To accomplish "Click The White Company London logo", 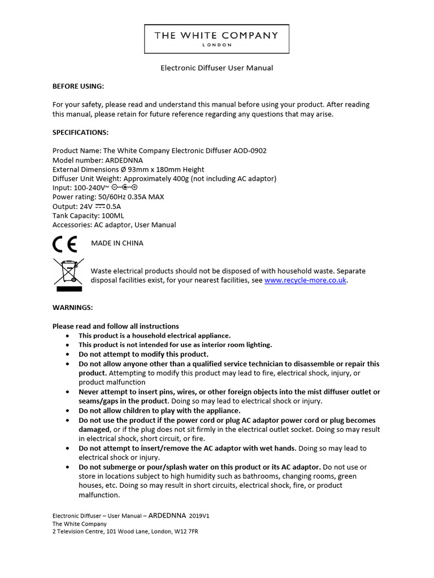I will point(216,38).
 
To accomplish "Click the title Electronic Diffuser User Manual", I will point(217,68).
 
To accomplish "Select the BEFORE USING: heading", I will point(78,86).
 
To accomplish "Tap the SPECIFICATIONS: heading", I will point(80,133).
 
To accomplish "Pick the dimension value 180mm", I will point(163,169).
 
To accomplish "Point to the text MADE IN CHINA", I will point(117,243).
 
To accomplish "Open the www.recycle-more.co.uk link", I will point(305,280).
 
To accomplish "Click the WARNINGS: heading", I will point(72,308).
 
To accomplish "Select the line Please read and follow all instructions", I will point(115,326).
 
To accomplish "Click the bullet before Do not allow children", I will point(67,411).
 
